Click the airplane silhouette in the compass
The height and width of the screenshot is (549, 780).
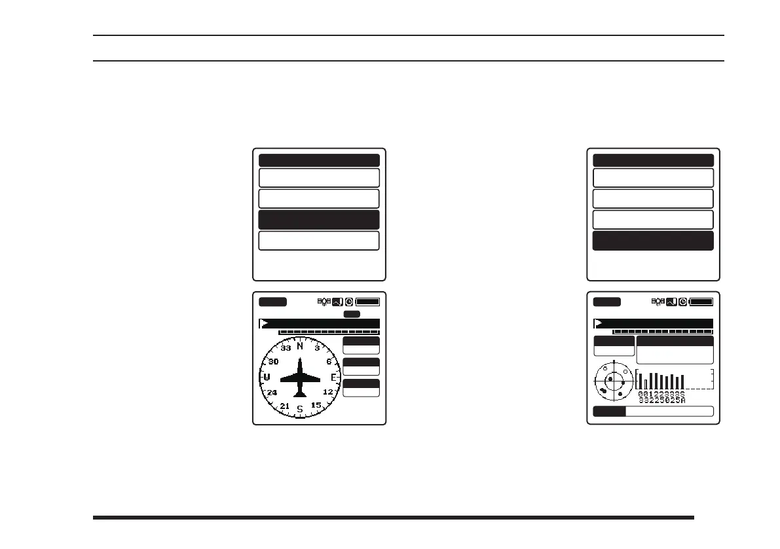300,378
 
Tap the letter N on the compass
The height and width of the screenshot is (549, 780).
300,346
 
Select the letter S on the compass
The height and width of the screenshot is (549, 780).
300,409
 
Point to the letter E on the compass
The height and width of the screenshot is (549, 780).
333,378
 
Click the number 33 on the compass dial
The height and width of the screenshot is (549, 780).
286,349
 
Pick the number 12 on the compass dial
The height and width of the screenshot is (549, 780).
328,392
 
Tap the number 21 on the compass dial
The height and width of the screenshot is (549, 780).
284,406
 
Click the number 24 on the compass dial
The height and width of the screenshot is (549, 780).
272,393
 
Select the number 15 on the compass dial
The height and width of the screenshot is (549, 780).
316,405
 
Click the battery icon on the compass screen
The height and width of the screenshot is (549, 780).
367,302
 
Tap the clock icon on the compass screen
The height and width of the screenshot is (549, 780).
350,302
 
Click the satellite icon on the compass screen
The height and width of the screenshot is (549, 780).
324,302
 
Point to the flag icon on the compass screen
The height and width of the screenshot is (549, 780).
263,323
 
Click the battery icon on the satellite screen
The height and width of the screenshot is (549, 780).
701,302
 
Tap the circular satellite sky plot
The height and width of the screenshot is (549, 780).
614,383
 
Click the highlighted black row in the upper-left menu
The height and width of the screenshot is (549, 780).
319,220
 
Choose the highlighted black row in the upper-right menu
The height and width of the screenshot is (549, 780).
653,241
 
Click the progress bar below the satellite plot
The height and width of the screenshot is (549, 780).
653,411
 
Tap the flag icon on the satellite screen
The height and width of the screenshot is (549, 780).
597,323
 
